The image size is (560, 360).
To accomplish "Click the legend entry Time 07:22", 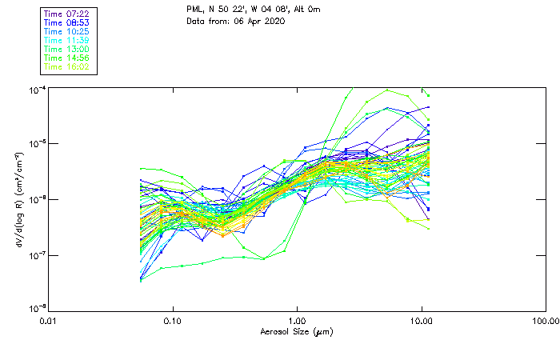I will point(66,14).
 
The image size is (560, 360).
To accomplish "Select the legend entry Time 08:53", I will point(66,22).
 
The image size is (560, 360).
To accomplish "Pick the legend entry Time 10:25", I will point(66,31).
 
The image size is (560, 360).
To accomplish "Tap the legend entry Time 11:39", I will point(66,40).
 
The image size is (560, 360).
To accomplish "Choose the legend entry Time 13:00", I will point(66,49).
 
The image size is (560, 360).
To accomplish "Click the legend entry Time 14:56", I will point(66,58).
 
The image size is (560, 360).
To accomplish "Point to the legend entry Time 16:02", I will point(66,66).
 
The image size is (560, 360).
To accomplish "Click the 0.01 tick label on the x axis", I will point(49,321).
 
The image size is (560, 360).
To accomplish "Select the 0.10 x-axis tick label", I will point(173,321).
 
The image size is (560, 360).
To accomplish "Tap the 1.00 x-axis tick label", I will point(298,321).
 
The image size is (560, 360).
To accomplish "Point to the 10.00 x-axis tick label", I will point(422,321).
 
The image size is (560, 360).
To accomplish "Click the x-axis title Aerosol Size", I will point(297,331).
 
